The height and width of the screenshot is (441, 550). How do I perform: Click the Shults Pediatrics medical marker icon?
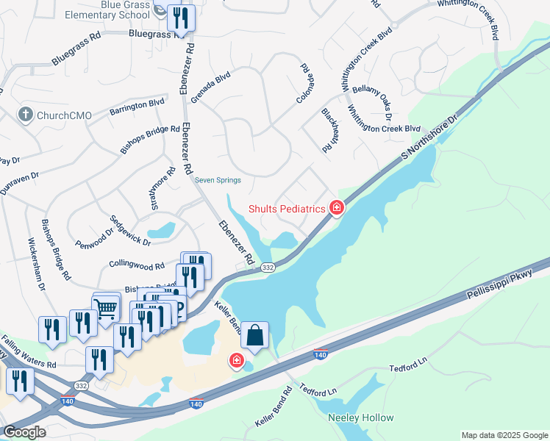[337, 209]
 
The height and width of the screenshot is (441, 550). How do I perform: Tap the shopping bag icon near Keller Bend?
[254, 336]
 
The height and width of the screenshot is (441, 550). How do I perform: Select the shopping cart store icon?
[107, 306]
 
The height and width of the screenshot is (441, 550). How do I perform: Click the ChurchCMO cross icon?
[25, 115]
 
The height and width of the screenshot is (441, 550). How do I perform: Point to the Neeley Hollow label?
[360, 417]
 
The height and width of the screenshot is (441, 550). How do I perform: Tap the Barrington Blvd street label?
[137, 107]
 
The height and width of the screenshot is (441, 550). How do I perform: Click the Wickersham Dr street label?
[37, 263]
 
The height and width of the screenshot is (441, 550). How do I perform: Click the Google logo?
[24, 432]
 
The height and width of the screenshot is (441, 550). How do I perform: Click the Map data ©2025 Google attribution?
[504, 435]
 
